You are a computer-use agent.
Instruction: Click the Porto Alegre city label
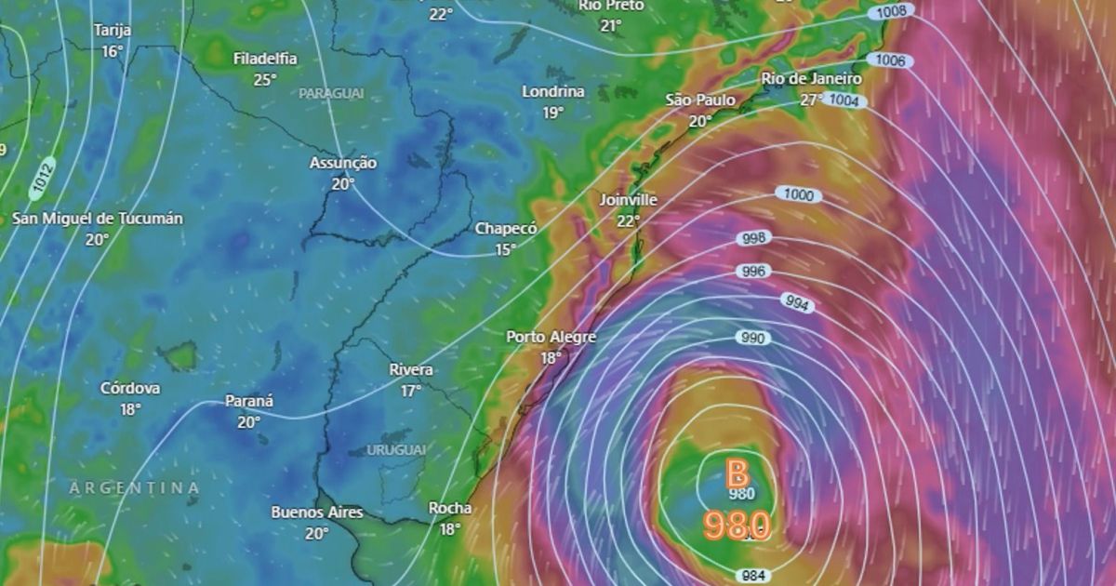point(551,337)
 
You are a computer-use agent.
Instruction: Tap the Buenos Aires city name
point(317,513)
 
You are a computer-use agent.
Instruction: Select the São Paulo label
point(700,100)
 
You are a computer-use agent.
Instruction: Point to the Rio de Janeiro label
point(811,79)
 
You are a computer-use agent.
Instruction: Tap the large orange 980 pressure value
point(737,526)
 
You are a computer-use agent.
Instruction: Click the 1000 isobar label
point(797,195)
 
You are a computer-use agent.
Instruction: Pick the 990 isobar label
point(752,338)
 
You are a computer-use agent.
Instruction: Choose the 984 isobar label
point(752,576)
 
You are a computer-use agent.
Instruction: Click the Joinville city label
point(629,200)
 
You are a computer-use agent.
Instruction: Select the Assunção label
point(343,163)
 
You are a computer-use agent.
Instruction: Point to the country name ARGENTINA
point(135,487)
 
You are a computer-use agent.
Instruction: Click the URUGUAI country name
point(396,449)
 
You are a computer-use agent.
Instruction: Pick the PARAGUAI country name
point(331,94)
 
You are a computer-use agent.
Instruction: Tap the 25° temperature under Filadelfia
point(265,79)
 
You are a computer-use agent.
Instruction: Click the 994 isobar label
point(796,303)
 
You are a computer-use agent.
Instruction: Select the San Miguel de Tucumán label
point(98,219)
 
